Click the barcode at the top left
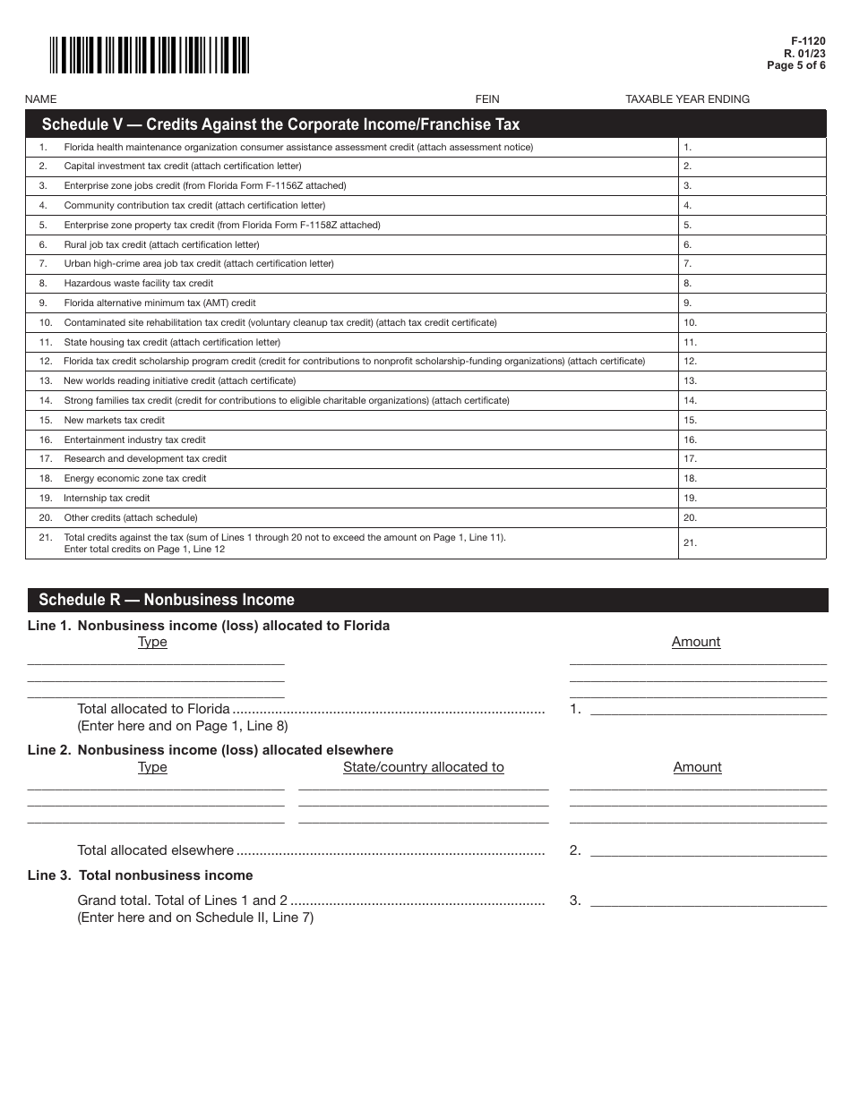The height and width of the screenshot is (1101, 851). click(149, 55)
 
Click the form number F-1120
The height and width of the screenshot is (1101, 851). click(808, 42)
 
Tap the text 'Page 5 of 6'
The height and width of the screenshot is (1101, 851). click(796, 65)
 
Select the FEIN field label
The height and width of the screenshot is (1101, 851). click(487, 99)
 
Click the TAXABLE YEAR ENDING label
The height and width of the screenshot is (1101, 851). click(687, 99)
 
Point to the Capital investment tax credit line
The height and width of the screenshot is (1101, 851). click(183, 166)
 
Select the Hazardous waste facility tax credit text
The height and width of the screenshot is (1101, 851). click(139, 284)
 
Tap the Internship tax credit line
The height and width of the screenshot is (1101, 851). click(107, 499)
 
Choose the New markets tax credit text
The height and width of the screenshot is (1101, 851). click(115, 421)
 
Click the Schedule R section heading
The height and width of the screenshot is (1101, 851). click(167, 600)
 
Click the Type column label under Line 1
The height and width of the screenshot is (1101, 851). click(152, 642)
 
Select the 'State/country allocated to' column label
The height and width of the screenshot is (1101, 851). click(423, 767)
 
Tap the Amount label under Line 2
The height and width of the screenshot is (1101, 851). click(697, 767)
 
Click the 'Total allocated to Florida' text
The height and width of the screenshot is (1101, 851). click(153, 709)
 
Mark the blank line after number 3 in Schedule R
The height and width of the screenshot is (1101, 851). click(708, 901)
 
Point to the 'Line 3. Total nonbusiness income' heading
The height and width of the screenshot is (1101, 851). click(141, 875)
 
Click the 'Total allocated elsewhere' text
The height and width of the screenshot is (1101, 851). click(155, 850)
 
